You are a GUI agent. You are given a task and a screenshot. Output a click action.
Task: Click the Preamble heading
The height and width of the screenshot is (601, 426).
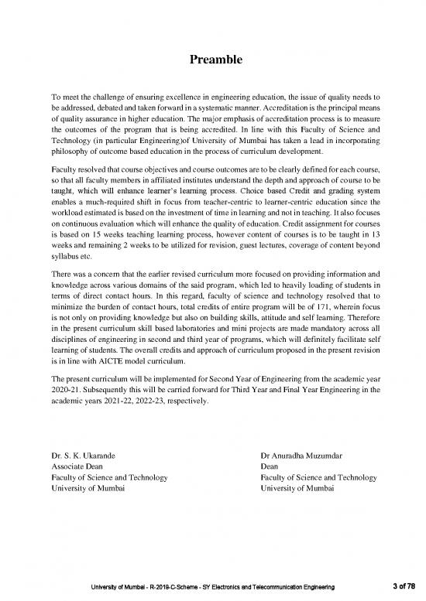click(212, 59)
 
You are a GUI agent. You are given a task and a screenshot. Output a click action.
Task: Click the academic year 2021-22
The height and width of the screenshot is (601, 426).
click(121, 403)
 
